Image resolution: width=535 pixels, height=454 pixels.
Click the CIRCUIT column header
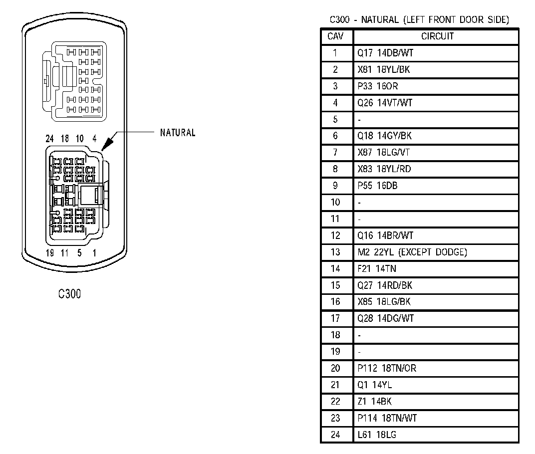[x=437, y=36]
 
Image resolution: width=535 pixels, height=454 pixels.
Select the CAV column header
[x=335, y=36]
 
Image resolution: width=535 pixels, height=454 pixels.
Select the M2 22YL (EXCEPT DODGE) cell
[x=412, y=252]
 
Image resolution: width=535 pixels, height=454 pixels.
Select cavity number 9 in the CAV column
[x=335, y=186]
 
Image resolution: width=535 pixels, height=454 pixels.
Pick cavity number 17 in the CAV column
[x=335, y=318]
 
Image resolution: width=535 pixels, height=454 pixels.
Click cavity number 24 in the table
[x=335, y=435]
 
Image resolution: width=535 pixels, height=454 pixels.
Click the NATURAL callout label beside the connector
[x=178, y=133]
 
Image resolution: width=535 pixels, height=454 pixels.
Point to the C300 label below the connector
[x=69, y=294]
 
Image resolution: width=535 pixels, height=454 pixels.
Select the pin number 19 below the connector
[x=50, y=253]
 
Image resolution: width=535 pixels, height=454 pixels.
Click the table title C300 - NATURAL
[x=419, y=20]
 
